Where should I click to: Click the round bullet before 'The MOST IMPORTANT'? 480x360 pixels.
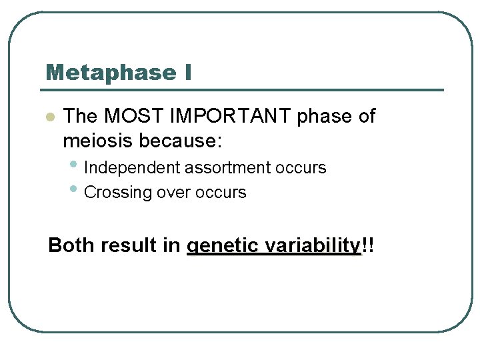tap(49, 117)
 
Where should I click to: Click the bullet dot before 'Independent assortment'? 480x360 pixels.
tap(77, 163)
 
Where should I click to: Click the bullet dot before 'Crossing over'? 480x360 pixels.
tap(77, 189)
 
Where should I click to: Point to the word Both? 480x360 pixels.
tap(72, 245)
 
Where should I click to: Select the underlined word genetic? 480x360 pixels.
tap(223, 246)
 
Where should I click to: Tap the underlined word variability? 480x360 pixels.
tap(312, 245)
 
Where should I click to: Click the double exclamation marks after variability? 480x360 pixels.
tap(367, 245)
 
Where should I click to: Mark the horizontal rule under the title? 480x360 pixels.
tap(243, 90)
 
